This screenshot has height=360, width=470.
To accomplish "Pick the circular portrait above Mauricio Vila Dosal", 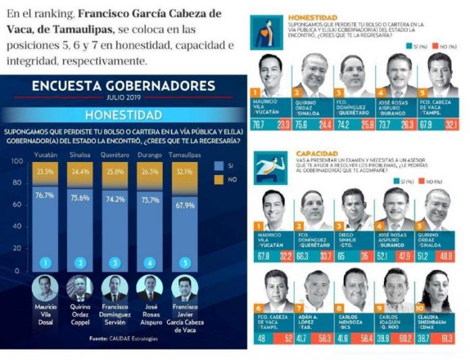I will click(x=45, y=287).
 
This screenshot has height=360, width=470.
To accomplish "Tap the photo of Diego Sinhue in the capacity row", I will click(x=356, y=209).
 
